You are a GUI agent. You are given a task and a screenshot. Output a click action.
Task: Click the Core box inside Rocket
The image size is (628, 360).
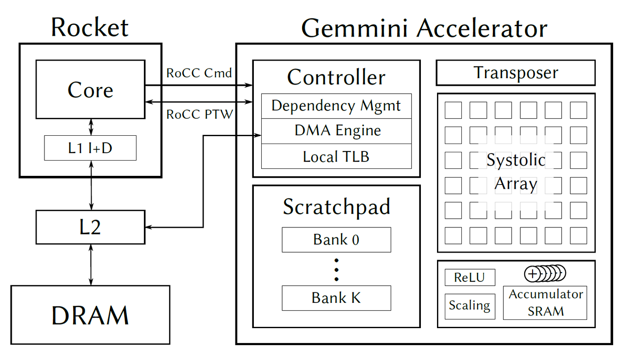[90, 89]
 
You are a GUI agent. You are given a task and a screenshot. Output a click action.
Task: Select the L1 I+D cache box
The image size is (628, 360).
[90, 148]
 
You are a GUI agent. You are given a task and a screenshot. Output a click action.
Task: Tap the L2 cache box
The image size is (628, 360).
[90, 227]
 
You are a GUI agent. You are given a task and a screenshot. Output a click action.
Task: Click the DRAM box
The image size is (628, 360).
[90, 315]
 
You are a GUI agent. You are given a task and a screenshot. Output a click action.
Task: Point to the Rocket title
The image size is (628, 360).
[90, 27]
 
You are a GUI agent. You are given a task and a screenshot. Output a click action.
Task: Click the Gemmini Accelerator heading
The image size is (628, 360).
[424, 28]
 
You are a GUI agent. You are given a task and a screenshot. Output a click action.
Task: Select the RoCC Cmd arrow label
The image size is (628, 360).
[199, 73]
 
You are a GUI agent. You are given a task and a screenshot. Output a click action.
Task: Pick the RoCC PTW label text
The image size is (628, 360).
[199, 115]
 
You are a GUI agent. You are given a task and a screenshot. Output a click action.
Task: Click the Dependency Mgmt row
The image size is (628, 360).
[336, 106]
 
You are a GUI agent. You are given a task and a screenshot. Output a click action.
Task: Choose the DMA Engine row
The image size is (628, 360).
[336, 131]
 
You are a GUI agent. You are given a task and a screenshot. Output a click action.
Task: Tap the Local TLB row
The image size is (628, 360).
[336, 156]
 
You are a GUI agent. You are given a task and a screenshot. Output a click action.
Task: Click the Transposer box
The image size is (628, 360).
[515, 73]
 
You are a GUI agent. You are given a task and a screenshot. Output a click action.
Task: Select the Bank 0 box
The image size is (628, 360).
[336, 240]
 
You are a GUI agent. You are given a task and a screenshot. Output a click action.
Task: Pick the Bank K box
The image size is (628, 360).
[336, 298]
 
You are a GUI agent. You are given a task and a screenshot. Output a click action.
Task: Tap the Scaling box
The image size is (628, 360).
[470, 306]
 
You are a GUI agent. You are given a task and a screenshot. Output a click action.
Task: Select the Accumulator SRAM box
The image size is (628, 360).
[545, 303]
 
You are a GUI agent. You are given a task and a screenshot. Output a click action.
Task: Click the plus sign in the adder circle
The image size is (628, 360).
[532, 274]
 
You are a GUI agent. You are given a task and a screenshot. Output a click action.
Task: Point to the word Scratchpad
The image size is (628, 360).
[336, 206]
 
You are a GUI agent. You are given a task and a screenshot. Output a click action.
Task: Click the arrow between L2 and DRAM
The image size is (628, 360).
[91, 264]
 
